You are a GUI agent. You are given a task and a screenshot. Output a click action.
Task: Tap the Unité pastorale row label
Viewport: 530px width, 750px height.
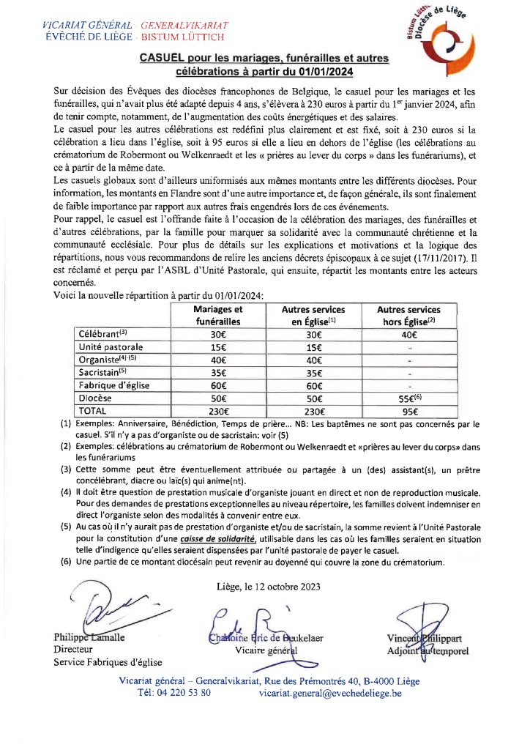111,346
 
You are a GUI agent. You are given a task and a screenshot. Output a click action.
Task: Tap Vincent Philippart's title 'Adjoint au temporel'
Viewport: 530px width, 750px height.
430,651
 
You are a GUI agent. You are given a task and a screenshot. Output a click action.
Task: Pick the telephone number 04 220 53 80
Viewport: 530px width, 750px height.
173,692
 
